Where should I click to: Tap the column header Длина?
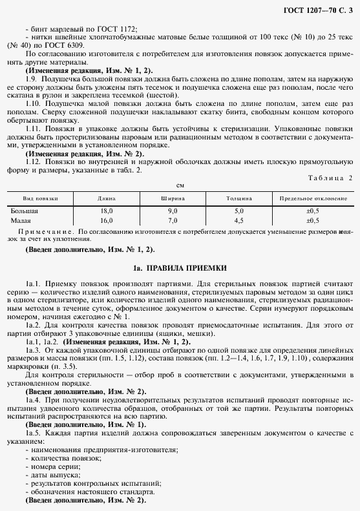pyautogui.click(x=107, y=199)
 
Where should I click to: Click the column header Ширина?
pyautogui.click(x=173, y=199)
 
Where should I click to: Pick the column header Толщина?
pyautogui.click(x=239, y=199)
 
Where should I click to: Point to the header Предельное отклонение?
pyautogui.click(x=312, y=199)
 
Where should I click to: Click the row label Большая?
pyautogui.click(x=25, y=211)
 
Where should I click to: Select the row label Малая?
pyautogui.click(x=21, y=220)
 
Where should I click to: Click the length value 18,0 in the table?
pyautogui.click(x=107, y=211)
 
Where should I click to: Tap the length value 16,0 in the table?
pyautogui.click(x=107, y=220)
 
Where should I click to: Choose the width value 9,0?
pyautogui.click(x=173, y=211)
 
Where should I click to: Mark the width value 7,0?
pyautogui.click(x=173, y=220)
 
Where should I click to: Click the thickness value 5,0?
pyautogui.click(x=239, y=211)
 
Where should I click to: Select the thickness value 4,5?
pyautogui.click(x=239, y=220)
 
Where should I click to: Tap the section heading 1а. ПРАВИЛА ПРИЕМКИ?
pyautogui.click(x=179, y=267)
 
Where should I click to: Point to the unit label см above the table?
pyautogui.click(x=180, y=185)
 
